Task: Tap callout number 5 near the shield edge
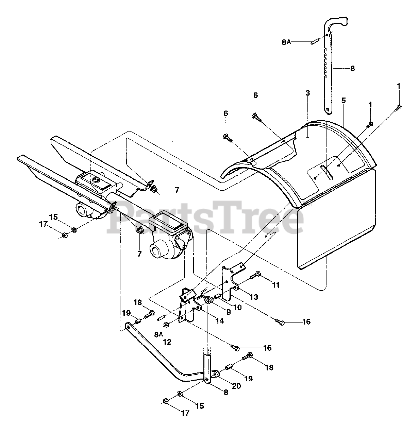point(343,101)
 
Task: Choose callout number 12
point(167,342)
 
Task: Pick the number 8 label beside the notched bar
point(352,68)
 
